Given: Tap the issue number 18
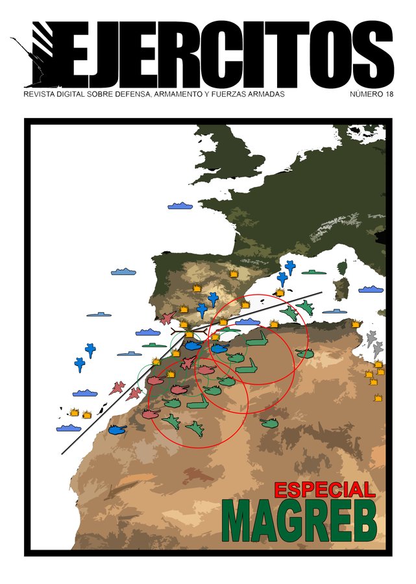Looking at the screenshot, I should [x=389, y=95].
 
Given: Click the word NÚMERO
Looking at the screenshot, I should [x=366, y=95].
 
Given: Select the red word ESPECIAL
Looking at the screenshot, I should [x=324, y=490].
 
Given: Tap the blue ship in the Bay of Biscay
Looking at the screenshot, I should [x=180, y=206].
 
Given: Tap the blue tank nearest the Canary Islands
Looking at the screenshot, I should [x=117, y=430].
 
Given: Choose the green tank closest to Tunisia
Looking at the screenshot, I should [x=304, y=354].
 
